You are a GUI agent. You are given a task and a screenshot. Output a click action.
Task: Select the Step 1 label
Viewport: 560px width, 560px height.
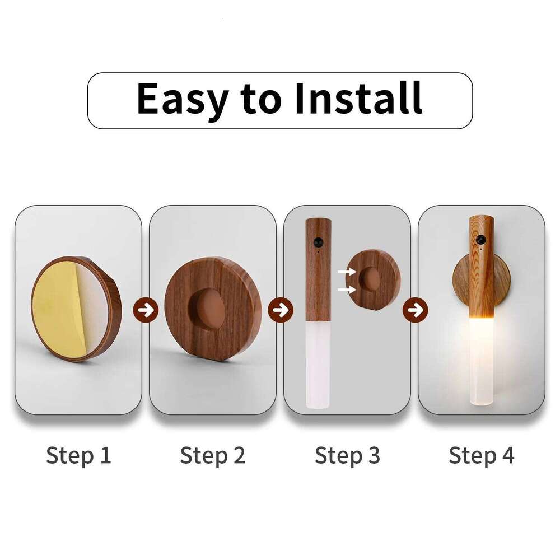click(78, 455)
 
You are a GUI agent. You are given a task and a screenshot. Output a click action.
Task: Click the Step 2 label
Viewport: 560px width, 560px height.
click(213, 455)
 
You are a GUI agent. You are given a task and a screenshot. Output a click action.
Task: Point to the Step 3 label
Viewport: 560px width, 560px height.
click(347, 455)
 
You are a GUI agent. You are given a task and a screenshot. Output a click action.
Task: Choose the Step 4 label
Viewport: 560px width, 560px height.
click(482, 455)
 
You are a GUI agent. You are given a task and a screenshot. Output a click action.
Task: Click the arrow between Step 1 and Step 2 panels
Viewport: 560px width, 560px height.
click(146, 309)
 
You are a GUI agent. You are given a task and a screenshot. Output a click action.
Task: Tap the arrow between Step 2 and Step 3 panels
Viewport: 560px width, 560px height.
click(280, 309)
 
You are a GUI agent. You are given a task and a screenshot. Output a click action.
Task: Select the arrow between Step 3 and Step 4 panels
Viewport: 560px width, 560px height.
click(415, 309)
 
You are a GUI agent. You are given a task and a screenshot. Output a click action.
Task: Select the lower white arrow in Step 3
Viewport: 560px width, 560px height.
click(347, 290)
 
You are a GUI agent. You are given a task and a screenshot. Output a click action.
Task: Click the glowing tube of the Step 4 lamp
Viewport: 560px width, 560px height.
click(480, 358)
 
